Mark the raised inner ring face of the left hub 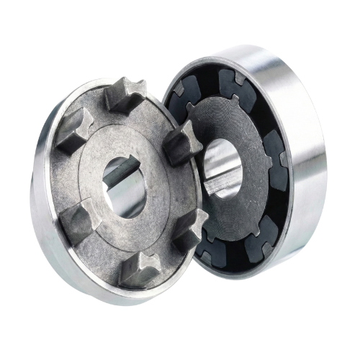coord(101,158)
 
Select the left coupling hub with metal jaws coord(115,187)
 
